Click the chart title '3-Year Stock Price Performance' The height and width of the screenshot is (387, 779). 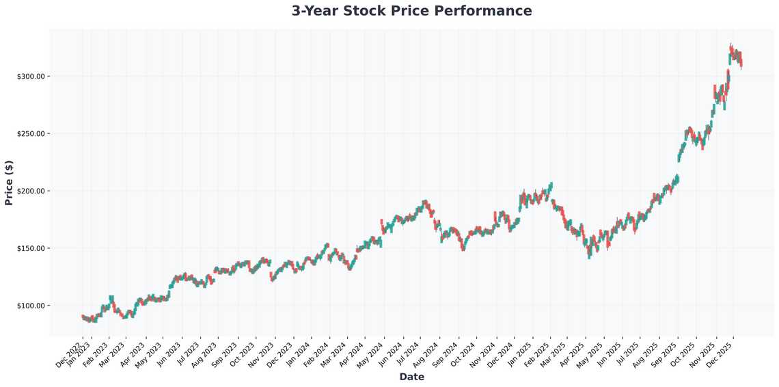(x=411, y=11)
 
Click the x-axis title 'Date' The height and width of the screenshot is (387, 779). (x=411, y=377)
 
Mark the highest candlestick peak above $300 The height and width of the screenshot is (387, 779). (x=730, y=44)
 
